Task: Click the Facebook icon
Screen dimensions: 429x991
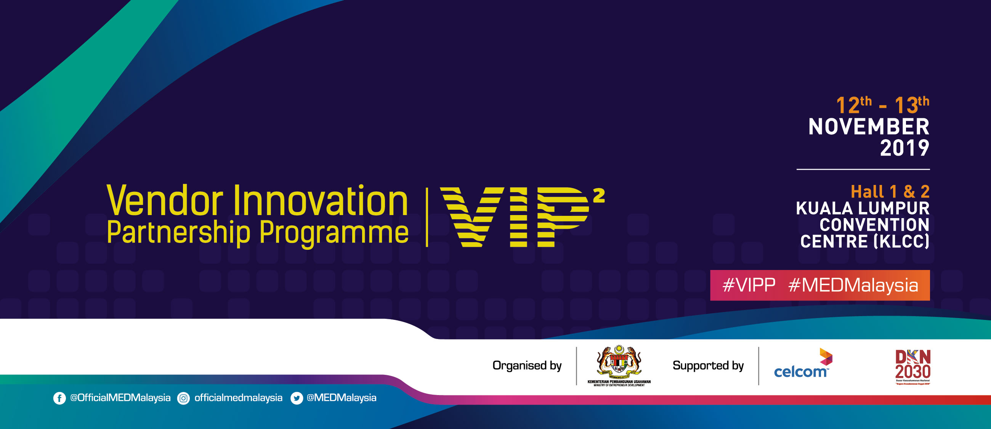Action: [x=59, y=398]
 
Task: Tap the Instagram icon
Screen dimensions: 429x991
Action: [x=183, y=398]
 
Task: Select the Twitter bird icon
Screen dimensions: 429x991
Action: [x=297, y=398]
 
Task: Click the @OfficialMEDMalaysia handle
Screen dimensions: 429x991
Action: [x=120, y=398]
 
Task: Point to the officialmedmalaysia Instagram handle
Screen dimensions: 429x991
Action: [x=238, y=398]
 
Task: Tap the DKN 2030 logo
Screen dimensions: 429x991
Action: [x=912, y=367]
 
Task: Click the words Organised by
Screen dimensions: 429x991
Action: [x=527, y=366]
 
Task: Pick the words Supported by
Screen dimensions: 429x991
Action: [x=708, y=366]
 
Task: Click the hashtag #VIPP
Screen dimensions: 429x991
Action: [x=749, y=286]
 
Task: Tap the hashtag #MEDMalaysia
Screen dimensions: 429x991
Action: [x=853, y=286]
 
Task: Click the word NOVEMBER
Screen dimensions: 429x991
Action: [x=869, y=127]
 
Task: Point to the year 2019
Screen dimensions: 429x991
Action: [x=904, y=148]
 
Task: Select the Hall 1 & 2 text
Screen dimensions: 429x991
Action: [x=890, y=191]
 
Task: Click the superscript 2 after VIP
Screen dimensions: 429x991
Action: [x=599, y=196]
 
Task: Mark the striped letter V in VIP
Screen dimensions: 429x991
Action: [x=471, y=217]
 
